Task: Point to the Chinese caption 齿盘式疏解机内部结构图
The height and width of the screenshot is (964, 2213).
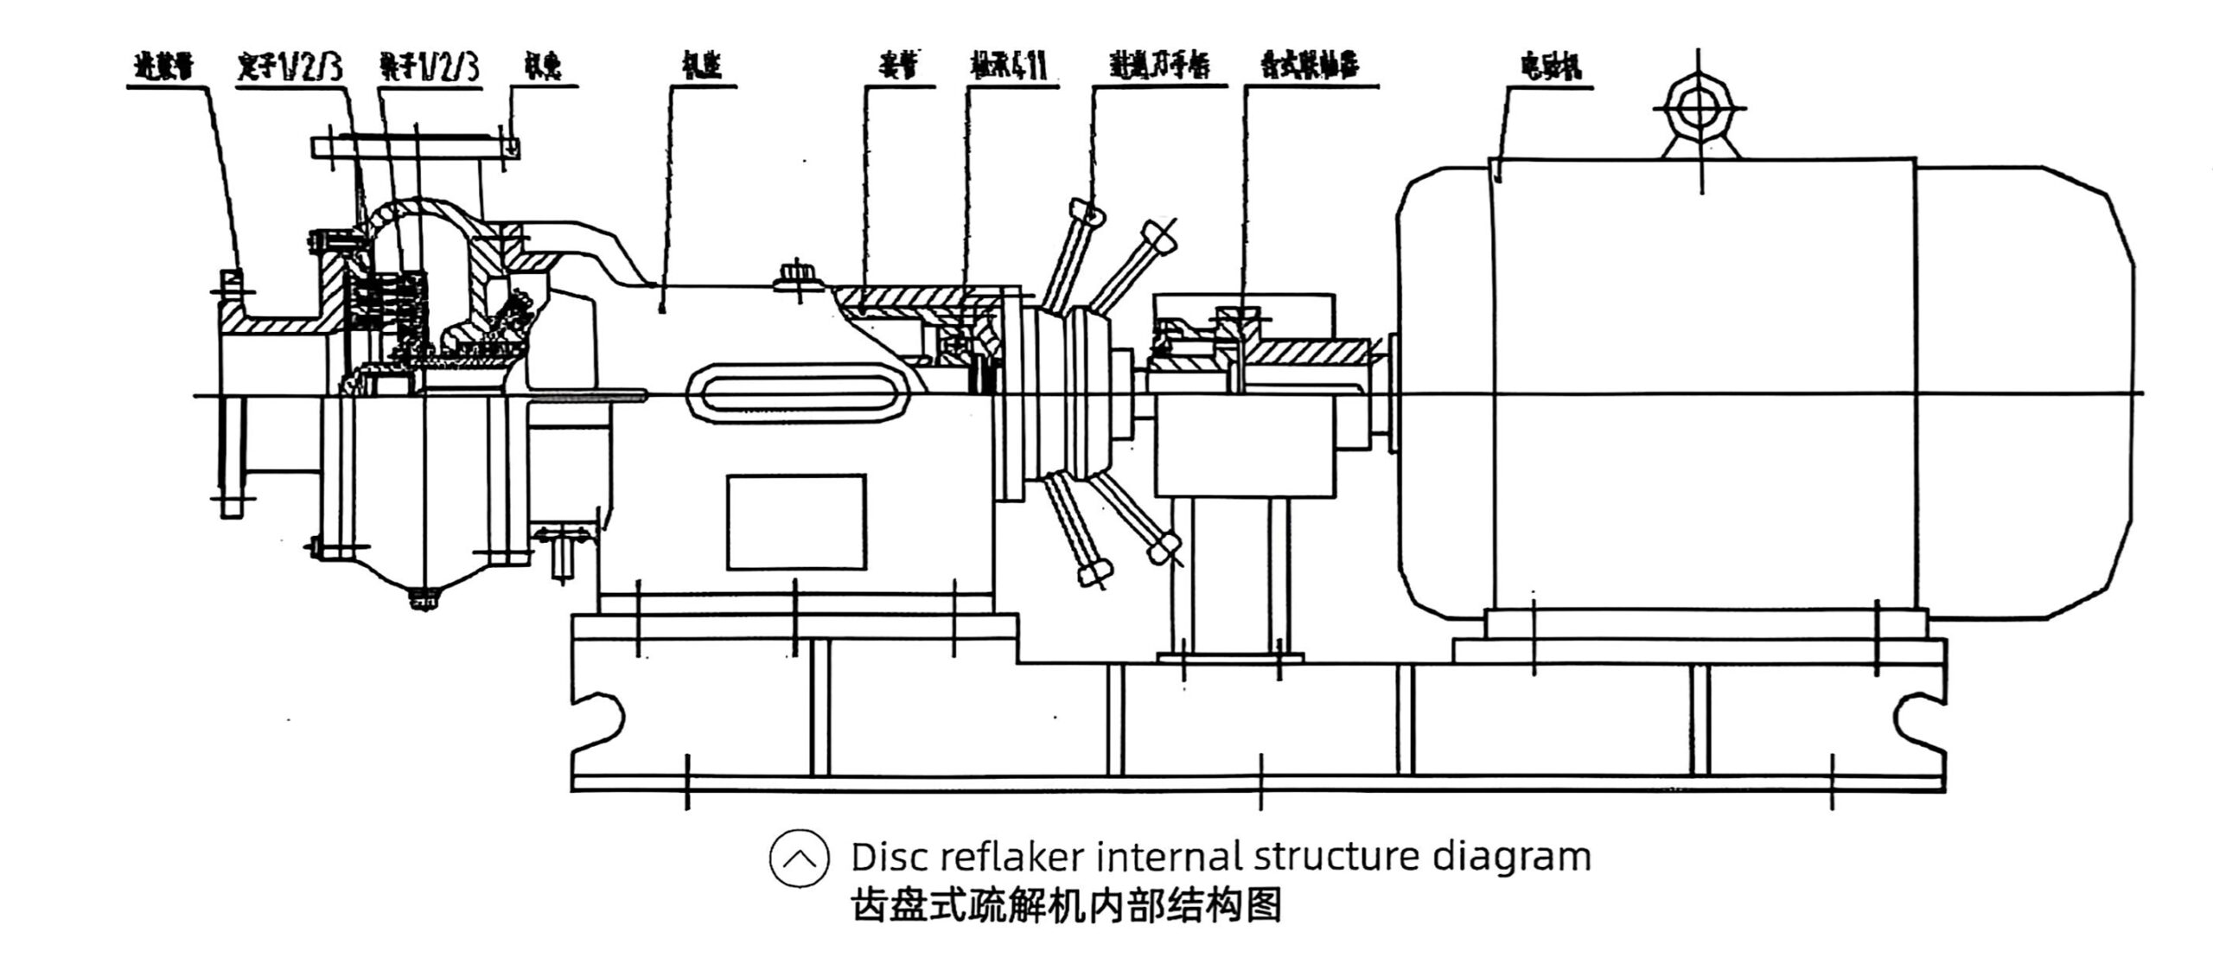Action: (x=1065, y=905)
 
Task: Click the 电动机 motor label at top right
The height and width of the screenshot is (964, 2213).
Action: (x=1551, y=67)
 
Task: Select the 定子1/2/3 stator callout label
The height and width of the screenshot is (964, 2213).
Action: (x=289, y=67)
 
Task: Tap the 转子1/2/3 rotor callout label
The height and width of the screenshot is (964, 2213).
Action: (x=428, y=67)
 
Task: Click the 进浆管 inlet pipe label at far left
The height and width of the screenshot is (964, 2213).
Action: (x=164, y=67)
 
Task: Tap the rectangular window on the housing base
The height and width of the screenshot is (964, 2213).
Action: (x=795, y=521)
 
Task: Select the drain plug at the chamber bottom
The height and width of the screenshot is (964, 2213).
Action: (x=424, y=597)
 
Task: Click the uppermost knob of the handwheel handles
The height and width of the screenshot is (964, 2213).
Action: (x=1086, y=210)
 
